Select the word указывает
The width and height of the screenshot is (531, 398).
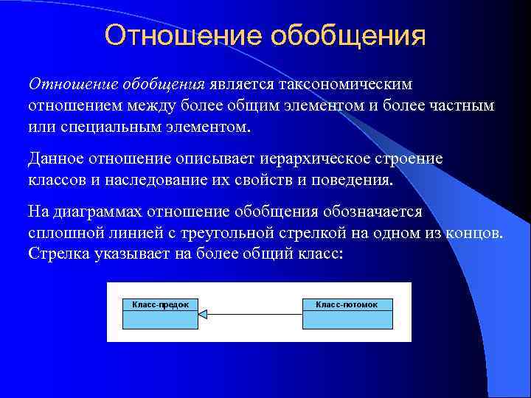click(x=121, y=254)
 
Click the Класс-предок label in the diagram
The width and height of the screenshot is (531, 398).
click(x=161, y=304)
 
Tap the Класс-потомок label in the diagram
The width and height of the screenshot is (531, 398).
click(x=347, y=304)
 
